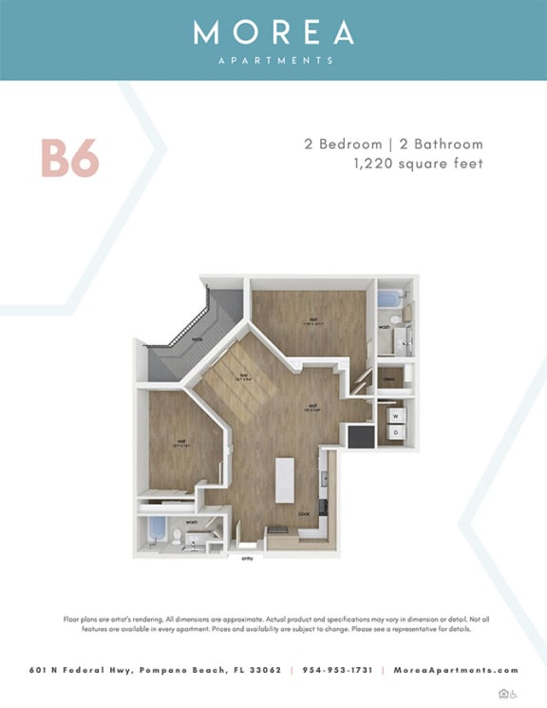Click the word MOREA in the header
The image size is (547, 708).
273,33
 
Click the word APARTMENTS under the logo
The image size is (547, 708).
273,60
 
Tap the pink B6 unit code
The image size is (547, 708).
69,159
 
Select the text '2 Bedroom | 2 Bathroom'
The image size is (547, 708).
393,144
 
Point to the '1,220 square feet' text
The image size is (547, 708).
417,163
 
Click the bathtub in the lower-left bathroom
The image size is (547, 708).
156,527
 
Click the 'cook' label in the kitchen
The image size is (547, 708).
304,514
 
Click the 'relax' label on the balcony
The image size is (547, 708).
198,338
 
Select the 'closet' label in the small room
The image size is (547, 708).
389,379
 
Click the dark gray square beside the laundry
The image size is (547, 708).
361,436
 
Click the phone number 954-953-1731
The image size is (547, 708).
337,670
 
